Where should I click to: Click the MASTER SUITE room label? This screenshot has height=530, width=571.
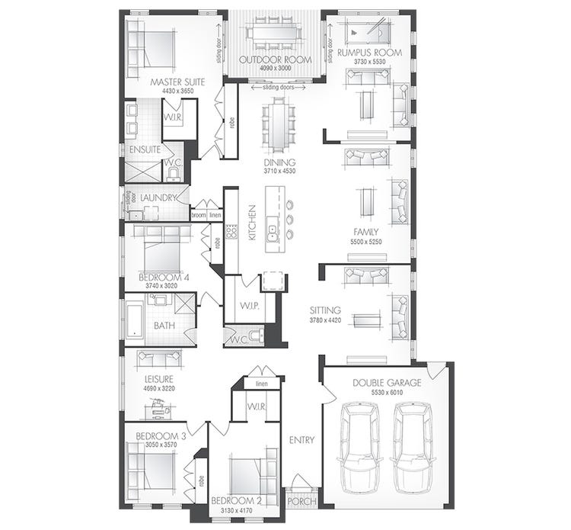coord(177,82)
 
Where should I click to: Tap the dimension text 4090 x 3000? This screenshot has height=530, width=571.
coord(276,68)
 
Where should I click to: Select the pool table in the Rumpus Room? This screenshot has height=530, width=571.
coord(368,32)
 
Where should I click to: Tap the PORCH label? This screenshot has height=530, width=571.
coord(302,501)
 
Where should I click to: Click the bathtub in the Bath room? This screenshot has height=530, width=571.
coord(135,320)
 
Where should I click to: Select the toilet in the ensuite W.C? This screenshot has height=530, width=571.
coord(175,175)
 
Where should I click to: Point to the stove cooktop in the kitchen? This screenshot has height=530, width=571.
coord(231,233)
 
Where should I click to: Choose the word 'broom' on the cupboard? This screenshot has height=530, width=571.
coord(199,215)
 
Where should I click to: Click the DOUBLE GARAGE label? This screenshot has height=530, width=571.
coord(387,383)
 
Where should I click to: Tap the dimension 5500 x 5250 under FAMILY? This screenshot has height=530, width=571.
coord(366,242)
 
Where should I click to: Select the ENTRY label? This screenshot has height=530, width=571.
coord(301,440)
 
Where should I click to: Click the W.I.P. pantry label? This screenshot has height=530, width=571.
coord(250,306)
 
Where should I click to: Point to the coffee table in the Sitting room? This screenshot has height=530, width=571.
coord(368,320)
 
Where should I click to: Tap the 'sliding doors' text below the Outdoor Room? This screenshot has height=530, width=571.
coord(278,88)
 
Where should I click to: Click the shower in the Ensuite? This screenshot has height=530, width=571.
coord(143,172)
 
